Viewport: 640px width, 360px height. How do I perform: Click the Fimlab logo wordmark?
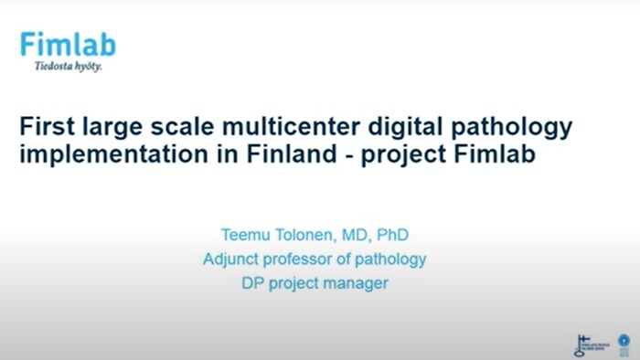68,44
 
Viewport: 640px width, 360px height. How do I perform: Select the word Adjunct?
232,259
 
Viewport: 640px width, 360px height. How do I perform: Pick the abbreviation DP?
253,283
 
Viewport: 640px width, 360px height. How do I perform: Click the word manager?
357,284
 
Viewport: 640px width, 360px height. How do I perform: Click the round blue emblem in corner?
624,343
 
